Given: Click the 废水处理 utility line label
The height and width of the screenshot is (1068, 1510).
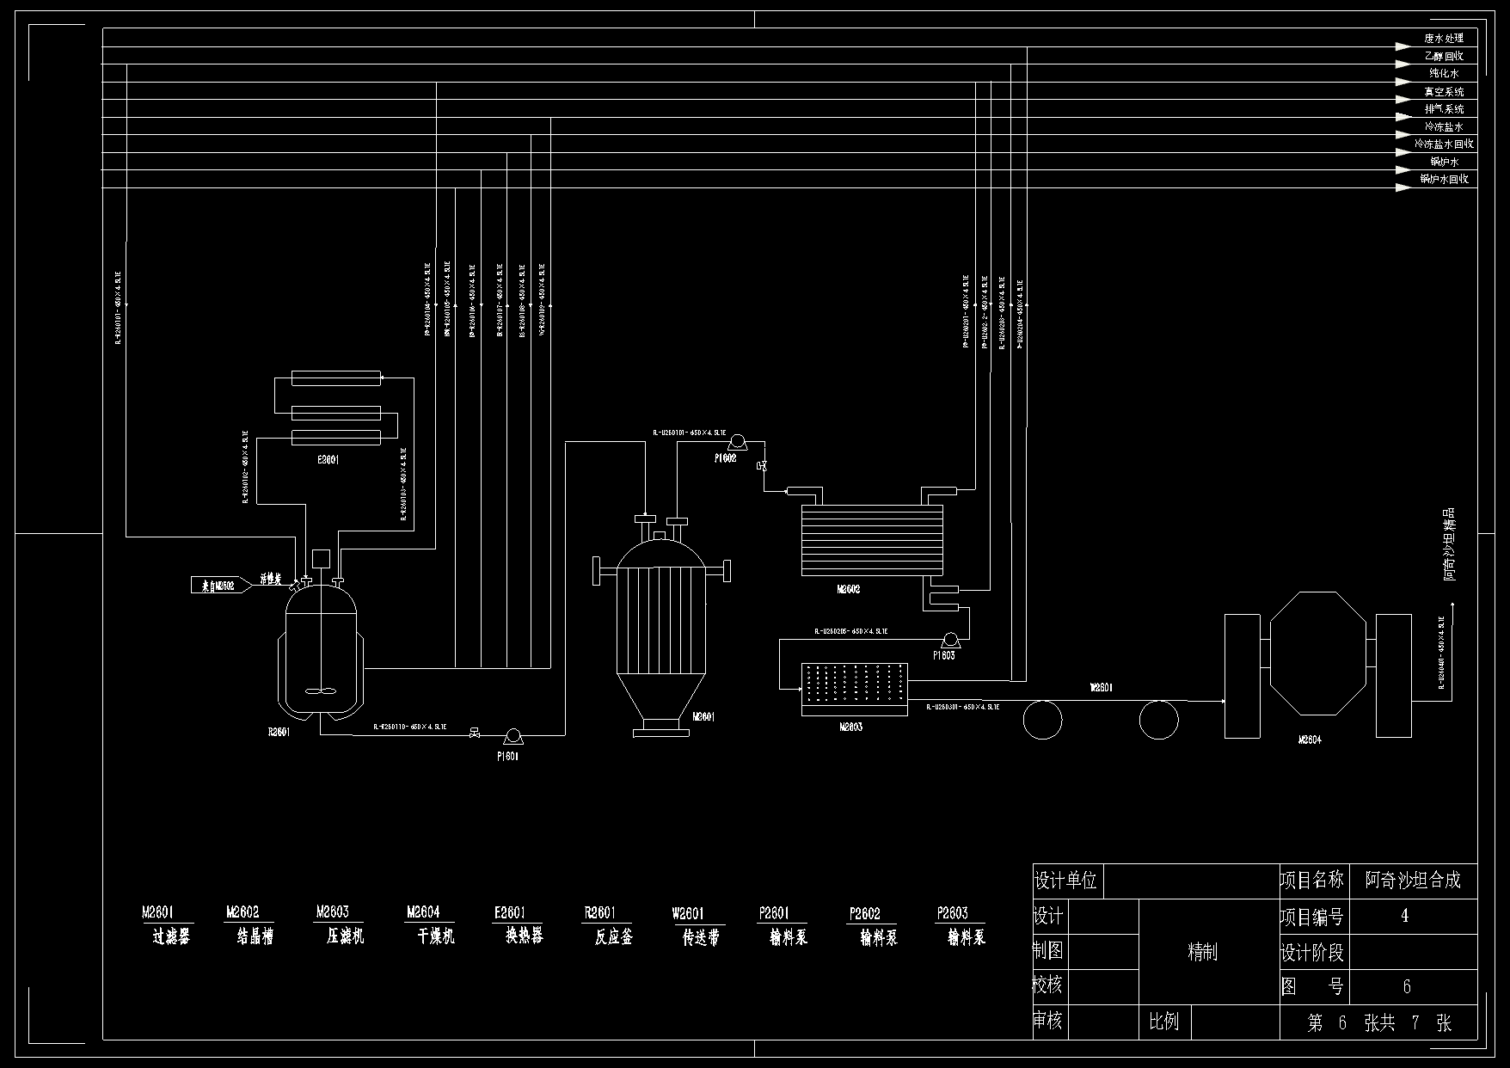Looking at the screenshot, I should tap(1444, 39).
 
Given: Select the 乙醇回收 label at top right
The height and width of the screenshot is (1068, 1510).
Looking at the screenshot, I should tap(1444, 56).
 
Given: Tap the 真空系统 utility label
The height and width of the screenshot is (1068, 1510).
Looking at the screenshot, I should tap(1444, 91).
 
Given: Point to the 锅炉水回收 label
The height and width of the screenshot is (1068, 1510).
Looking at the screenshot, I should tap(1444, 179).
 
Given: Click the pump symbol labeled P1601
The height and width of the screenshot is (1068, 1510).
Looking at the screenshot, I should tap(513, 735).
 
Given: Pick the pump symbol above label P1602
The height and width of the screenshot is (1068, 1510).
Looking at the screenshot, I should tap(736, 442).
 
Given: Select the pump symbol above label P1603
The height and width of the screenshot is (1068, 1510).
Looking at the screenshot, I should tap(950, 639).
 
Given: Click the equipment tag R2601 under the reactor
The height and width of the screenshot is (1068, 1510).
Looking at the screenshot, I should tap(279, 733).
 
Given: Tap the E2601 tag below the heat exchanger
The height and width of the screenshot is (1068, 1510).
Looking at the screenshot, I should tap(328, 460).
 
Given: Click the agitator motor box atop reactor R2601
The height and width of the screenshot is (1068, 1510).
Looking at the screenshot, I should tap(322, 557).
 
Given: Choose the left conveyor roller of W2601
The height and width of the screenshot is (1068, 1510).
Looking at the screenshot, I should tap(1043, 719).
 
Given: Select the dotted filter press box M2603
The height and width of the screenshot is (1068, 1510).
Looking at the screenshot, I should tap(854, 689).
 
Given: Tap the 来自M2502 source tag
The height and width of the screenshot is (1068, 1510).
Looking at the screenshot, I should tap(218, 586).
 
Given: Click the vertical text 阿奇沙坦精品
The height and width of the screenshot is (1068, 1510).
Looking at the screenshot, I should tap(1450, 543).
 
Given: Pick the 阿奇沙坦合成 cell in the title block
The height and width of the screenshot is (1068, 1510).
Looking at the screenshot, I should tap(1413, 881).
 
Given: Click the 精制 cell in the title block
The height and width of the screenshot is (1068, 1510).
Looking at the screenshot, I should tap(1202, 952).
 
